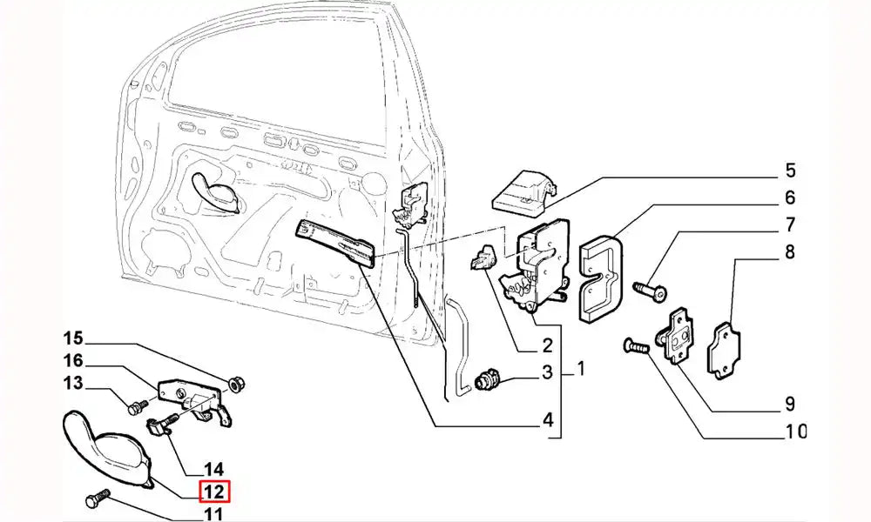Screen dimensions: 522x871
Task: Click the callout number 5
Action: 790,171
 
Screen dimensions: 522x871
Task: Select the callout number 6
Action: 790,197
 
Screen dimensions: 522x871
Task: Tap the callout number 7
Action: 790,225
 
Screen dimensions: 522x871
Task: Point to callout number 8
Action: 790,253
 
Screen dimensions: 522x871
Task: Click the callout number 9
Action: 790,404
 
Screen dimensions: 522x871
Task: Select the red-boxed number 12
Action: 215,492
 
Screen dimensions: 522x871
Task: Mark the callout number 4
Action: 548,421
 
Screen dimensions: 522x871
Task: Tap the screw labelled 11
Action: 94,500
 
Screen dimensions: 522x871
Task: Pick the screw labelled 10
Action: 637,347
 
